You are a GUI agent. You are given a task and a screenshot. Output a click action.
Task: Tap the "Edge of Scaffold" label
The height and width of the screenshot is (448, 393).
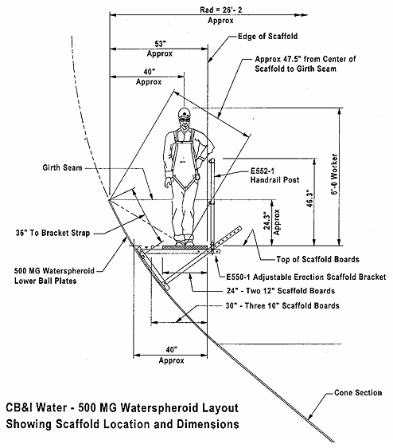(x=273, y=36)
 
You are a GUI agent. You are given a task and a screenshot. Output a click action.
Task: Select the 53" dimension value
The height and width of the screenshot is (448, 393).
(x=158, y=45)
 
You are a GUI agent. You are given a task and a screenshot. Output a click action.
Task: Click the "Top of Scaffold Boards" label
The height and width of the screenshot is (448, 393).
(x=306, y=260)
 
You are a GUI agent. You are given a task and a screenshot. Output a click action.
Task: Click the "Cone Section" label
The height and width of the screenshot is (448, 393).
(x=351, y=392)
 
